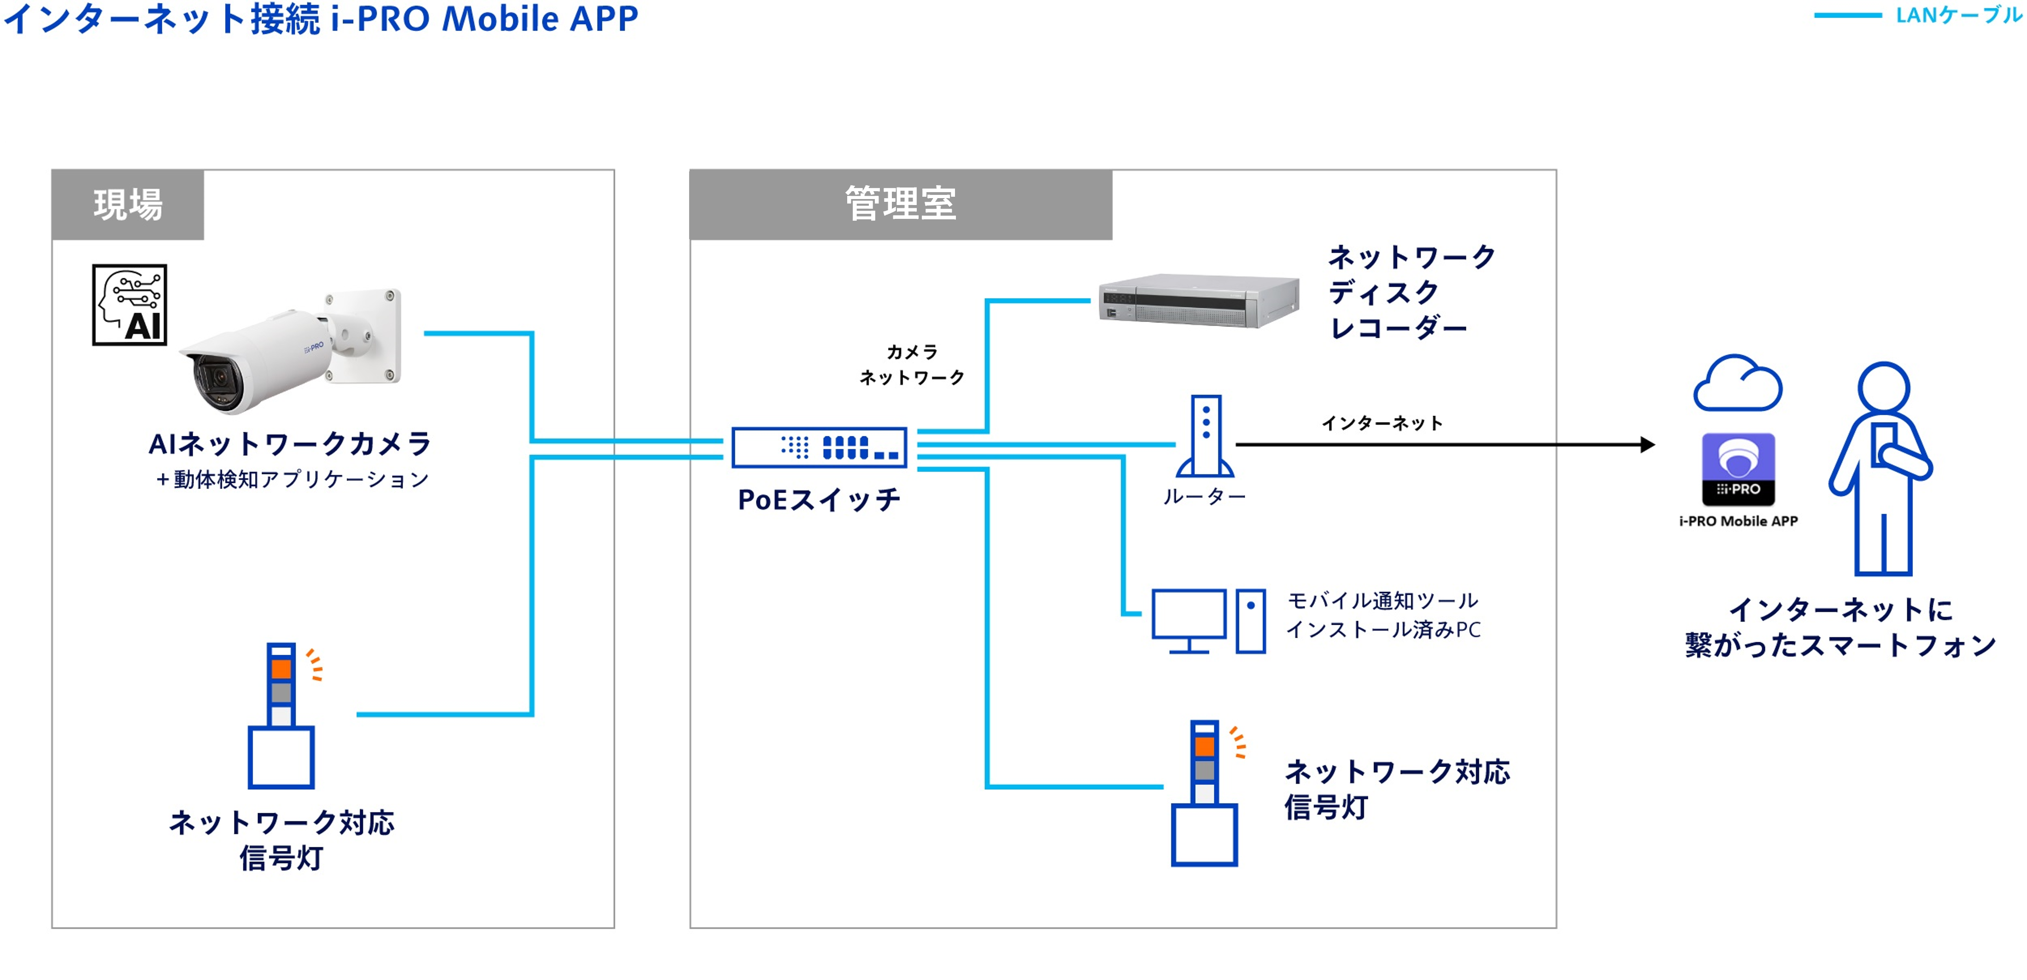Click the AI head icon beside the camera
(x=130, y=305)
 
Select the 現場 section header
(x=128, y=205)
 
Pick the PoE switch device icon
(x=819, y=448)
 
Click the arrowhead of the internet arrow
(x=1647, y=445)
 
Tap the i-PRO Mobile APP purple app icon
(x=1738, y=469)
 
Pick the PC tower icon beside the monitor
(x=1250, y=621)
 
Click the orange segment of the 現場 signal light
(x=281, y=669)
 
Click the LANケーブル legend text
(x=1958, y=16)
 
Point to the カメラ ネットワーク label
(x=912, y=364)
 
